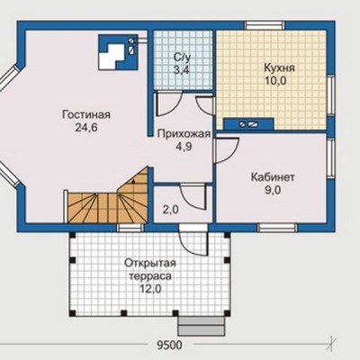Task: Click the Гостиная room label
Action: tap(86, 114)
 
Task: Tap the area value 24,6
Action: tap(86, 128)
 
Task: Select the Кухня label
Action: tap(279, 68)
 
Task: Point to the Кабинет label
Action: tap(273, 177)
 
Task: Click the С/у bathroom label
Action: tap(182, 57)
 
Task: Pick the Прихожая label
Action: tap(184, 134)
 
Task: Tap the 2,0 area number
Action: tap(170, 210)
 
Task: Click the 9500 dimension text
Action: tap(169, 346)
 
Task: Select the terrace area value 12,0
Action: tap(150, 289)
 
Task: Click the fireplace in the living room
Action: tap(119, 52)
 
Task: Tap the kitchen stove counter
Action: tap(248, 123)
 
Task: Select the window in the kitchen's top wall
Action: tap(265, 25)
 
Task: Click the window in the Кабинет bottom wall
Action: tap(277, 228)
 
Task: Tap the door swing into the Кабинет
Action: tap(227, 150)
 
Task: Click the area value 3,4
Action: tap(182, 70)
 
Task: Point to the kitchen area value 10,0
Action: tap(275, 81)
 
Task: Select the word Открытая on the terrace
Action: tap(150, 263)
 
